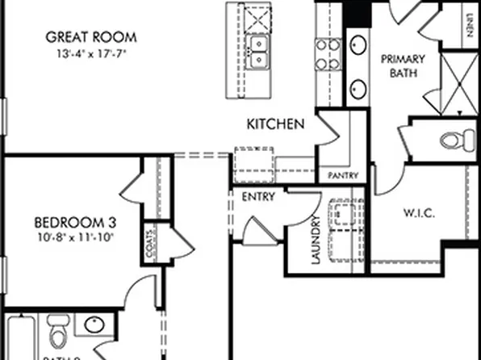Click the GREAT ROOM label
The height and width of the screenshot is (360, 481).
[90, 37]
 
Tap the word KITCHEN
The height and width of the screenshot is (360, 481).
[275, 124]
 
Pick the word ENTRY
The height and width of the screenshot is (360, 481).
[257, 196]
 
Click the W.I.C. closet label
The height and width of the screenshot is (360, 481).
[419, 214]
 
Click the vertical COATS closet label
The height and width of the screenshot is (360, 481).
[151, 249]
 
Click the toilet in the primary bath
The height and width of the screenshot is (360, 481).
[456, 140]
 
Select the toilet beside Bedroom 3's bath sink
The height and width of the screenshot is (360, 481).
[56, 333]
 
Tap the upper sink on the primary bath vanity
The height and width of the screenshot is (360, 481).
[359, 44]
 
